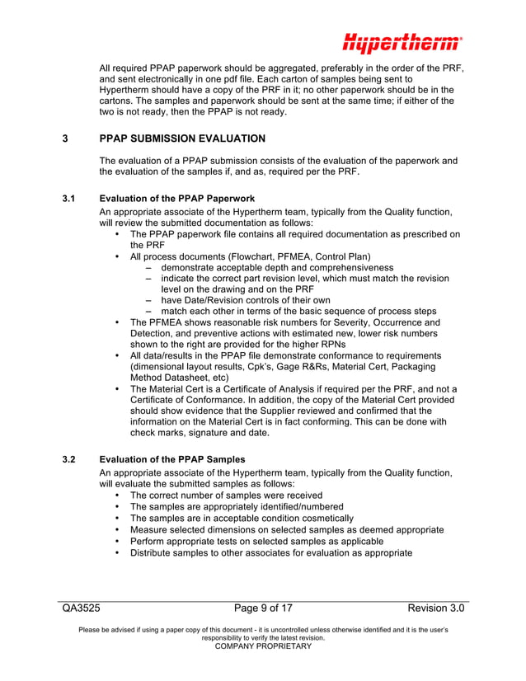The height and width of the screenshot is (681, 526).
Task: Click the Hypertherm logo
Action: coord(402,42)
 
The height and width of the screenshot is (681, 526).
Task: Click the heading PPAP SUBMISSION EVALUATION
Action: coord(182,139)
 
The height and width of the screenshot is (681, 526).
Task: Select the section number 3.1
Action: coord(69,199)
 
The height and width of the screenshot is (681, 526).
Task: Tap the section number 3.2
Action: coord(69,459)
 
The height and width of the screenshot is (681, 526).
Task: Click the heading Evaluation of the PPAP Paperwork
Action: coord(176,199)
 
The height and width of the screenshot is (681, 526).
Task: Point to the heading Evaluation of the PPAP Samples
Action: coord(171,459)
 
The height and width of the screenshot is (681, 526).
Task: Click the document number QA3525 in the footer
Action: coord(81,608)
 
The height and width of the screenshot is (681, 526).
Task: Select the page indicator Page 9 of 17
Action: coord(263,608)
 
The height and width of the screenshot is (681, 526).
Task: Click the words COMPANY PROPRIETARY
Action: coord(263,646)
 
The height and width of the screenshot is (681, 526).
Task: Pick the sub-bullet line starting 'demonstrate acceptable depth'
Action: coord(276,268)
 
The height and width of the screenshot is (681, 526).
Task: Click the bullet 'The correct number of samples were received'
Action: coord(226,495)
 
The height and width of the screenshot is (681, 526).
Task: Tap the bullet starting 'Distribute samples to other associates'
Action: coord(270,552)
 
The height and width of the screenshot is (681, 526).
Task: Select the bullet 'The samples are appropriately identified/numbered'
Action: coord(237,506)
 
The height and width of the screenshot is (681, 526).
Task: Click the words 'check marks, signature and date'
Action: coord(206,433)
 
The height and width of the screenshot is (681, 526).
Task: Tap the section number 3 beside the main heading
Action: coord(65,139)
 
